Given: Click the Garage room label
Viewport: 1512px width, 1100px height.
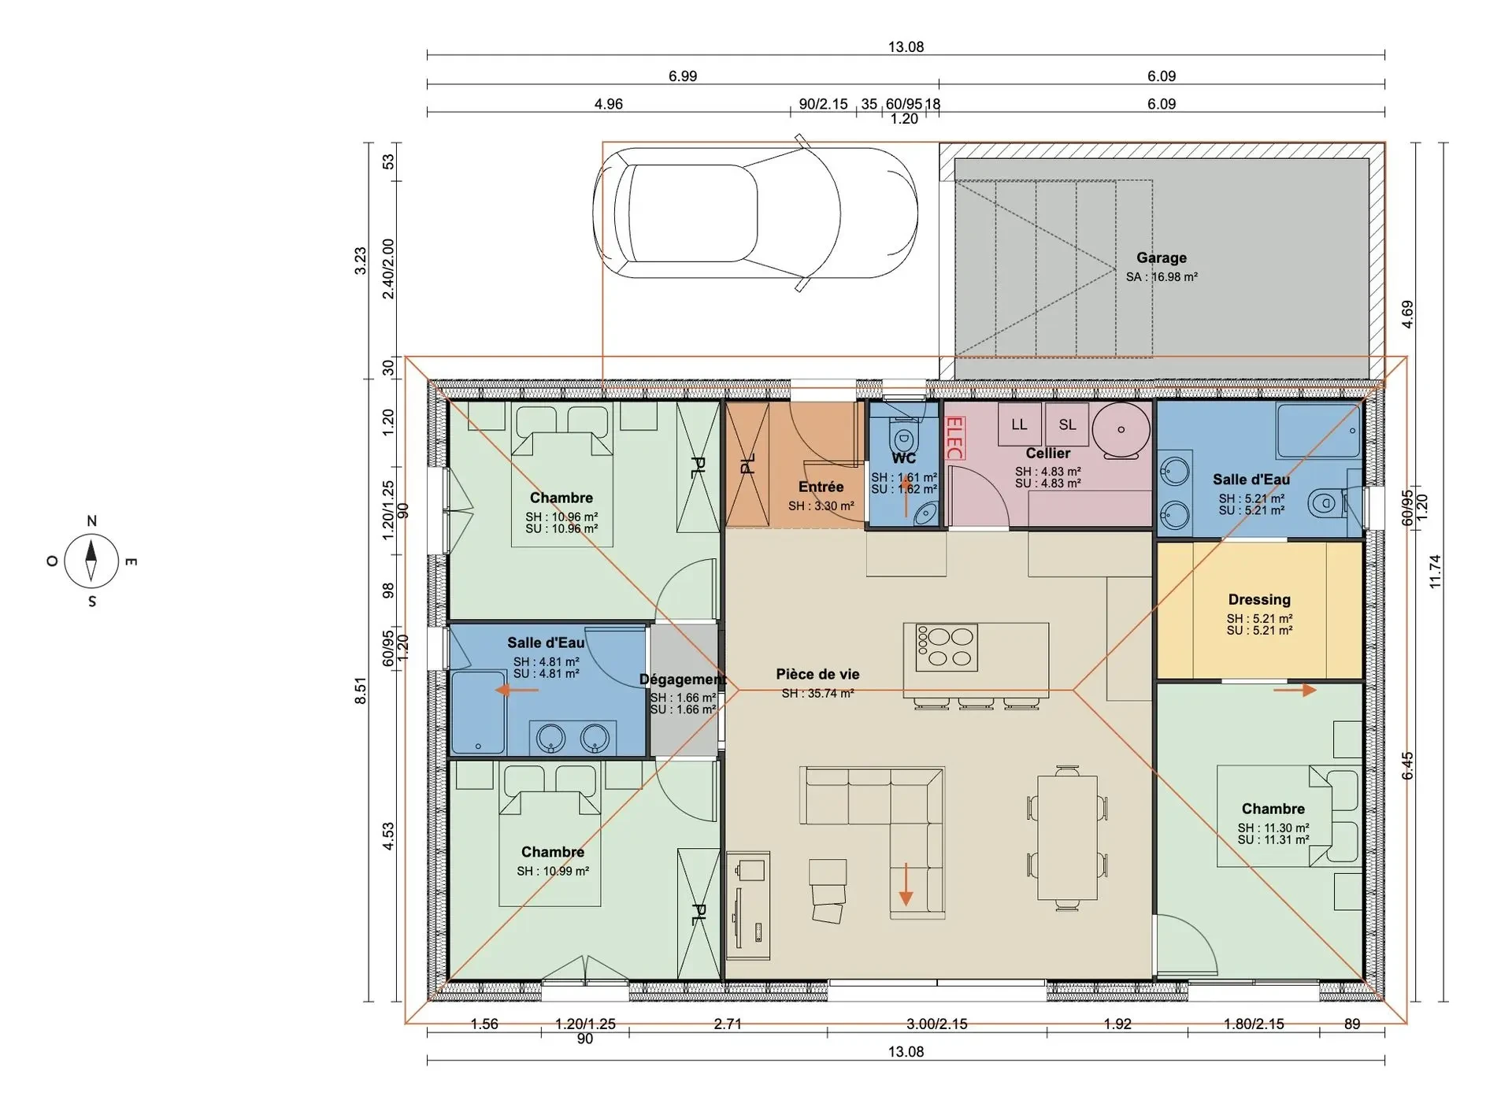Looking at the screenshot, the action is tap(1161, 257).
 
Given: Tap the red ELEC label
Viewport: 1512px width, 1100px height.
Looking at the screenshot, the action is tap(954, 438).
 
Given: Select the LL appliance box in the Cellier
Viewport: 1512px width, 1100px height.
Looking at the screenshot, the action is tap(1019, 424).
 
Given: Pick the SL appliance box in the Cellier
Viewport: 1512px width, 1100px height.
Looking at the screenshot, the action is tap(1067, 424).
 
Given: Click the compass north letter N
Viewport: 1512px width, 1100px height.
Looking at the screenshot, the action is tap(91, 520).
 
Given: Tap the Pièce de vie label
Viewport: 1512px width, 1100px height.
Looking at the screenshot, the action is tap(817, 674).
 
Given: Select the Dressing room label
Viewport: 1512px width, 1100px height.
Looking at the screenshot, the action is tap(1259, 599).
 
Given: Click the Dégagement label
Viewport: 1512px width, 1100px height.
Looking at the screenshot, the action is tap(683, 680).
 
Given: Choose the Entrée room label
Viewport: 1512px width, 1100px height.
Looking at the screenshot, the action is tap(821, 487).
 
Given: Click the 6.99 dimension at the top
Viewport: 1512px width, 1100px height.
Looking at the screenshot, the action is tap(683, 76).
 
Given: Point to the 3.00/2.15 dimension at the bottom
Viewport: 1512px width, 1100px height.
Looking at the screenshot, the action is tap(937, 1024).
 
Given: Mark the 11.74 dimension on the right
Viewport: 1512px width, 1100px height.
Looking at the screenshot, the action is tap(1435, 572).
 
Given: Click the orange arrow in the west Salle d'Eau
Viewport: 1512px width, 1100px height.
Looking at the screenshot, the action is tap(517, 691).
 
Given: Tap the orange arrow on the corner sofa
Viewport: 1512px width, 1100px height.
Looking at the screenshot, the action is tap(906, 883).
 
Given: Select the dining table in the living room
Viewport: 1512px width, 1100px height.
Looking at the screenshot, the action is tap(1067, 838).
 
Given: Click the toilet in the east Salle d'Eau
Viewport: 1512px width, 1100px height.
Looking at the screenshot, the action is tap(1325, 502).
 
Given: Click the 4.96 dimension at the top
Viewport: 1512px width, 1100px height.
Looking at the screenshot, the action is tap(608, 104).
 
